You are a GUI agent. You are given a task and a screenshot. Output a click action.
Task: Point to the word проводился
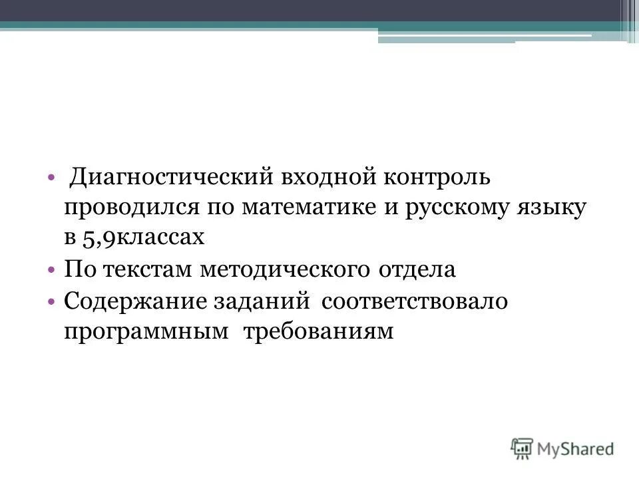[x=130, y=208]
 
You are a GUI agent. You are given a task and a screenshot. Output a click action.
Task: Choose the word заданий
[x=262, y=301]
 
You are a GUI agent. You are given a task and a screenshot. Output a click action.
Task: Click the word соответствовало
[x=415, y=301]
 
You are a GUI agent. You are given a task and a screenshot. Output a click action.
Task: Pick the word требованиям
[x=319, y=331]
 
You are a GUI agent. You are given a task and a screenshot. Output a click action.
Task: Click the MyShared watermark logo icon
[x=523, y=448]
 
